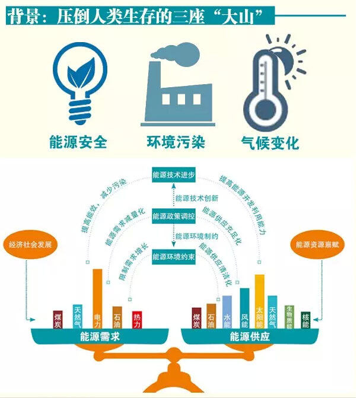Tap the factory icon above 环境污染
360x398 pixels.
[178, 85]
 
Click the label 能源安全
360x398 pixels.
[78, 142]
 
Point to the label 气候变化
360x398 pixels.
[270, 142]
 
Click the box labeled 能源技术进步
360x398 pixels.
[174, 175]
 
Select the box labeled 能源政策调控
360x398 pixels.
[174, 216]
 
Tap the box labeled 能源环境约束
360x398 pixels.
[174, 257]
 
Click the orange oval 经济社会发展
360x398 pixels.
[30, 244]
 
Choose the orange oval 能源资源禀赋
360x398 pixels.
[317, 244]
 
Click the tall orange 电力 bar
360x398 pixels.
[97, 299]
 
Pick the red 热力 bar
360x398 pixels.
[137, 320]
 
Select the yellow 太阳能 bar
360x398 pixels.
[259, 301]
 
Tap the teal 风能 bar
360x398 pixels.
[245, 308]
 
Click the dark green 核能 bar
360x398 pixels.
[305, 320]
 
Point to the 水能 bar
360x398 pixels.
[227, 312]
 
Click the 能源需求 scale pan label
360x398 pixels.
[100, 336]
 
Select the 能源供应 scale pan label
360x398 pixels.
[250, 336]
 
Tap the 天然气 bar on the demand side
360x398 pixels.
[78, 317]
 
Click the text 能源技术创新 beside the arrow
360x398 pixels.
[197, 198]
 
